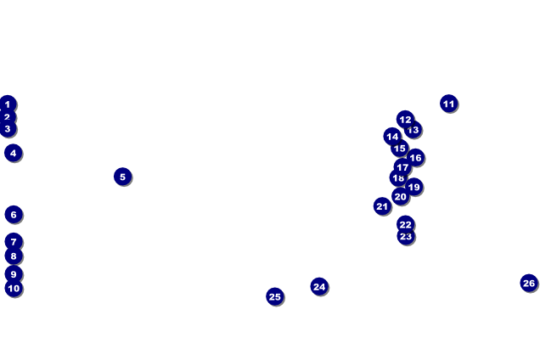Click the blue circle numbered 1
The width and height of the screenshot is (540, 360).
pos(8,104)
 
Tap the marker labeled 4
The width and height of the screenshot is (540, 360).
pos(13,153)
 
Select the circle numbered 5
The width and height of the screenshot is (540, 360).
pos(122,177)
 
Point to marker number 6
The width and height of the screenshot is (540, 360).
pos(13,214)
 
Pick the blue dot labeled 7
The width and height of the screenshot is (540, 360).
pos(14,242)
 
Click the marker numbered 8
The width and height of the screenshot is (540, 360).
pos(13,256)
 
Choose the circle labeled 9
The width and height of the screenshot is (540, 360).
pos(13,274)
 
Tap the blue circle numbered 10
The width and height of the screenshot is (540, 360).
pos(14,289)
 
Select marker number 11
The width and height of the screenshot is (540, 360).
pos(449,104)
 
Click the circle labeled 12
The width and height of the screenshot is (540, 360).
pos(405,120)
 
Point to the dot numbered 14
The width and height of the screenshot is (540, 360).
pos(391,137)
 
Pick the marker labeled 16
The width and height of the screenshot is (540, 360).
pos(415,157)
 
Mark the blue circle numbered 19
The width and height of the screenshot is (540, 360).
pos(413,187)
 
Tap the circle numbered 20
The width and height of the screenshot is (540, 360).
pos(400,196)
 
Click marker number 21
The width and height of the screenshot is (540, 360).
pos(382,206)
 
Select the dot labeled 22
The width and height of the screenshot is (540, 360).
pos(406,224)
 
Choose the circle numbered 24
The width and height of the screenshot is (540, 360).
pos(319,286)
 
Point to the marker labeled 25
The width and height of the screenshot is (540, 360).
pos(274,296)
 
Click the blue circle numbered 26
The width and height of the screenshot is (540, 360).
pos(529,283)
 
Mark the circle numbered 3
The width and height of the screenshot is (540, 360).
pos(8,129)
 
